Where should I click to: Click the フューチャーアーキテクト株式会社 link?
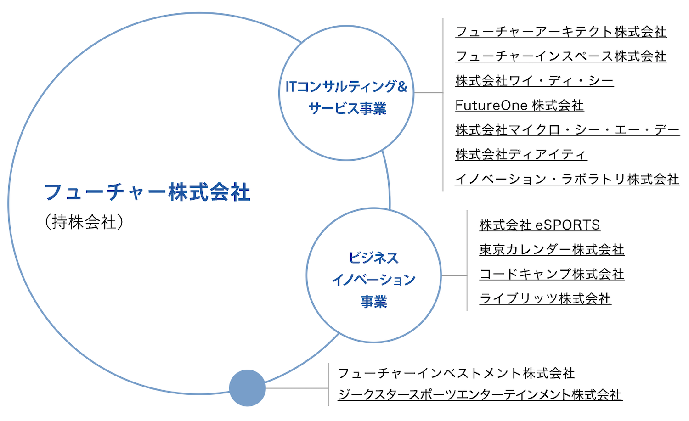[x=560, y=32]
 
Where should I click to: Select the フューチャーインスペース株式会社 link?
[x=560, y=56]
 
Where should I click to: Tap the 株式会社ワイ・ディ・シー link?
[x=534, y=81]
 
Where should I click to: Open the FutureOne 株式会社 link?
[x=519, y=106]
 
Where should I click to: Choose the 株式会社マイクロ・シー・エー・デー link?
[x=567, y=130]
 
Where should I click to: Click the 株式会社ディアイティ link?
[x=521, y=155]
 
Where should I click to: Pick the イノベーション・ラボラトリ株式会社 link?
[x=567, y=179]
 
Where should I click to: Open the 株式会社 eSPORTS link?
[x=540, y=225]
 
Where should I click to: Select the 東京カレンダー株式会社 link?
[x=551, y=250]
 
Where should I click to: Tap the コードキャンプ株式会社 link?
[x=551, y=274]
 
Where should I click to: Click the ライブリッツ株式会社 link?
[x=545, y=299]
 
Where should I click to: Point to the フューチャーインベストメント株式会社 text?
[x=456, y=373]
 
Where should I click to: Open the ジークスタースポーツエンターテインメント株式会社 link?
[x=480, y=395]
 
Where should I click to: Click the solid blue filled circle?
[x=247, y=388]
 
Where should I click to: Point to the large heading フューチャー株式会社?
[x=147, y=192]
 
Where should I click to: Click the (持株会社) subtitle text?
[x=84, y=222]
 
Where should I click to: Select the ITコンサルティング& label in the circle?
[x=346, y=86]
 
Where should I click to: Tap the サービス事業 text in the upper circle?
[x=347, y=109]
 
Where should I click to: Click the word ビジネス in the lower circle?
[x=373, y=258]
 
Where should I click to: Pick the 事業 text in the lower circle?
[x=373, y=302]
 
